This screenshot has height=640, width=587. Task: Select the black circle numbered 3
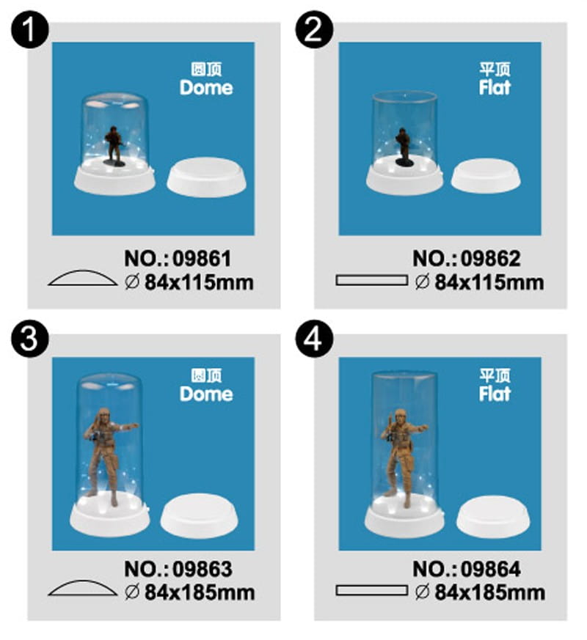click(29, 339)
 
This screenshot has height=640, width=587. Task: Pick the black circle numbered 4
click(315, 339)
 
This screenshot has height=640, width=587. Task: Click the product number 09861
click(203, 259)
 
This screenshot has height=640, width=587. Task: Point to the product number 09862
click(491, 259)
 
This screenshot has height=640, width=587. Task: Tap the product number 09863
click(203, 569)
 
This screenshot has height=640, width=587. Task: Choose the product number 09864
click(491, 569)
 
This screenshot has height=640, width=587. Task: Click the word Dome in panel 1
click(206, 88)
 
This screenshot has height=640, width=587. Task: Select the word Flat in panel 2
click(495, 88)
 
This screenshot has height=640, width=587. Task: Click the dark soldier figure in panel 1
click(114, 146)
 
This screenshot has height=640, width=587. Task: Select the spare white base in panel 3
click(199, 516)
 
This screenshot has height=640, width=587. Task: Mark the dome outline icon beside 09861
click(82, 278)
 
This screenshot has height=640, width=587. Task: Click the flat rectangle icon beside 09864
click(371, 591)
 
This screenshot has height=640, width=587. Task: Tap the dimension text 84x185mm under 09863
click(200, 592)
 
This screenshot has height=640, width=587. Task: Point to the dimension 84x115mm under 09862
click(489, 282)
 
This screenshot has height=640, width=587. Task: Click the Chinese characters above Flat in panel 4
click(495, 375)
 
